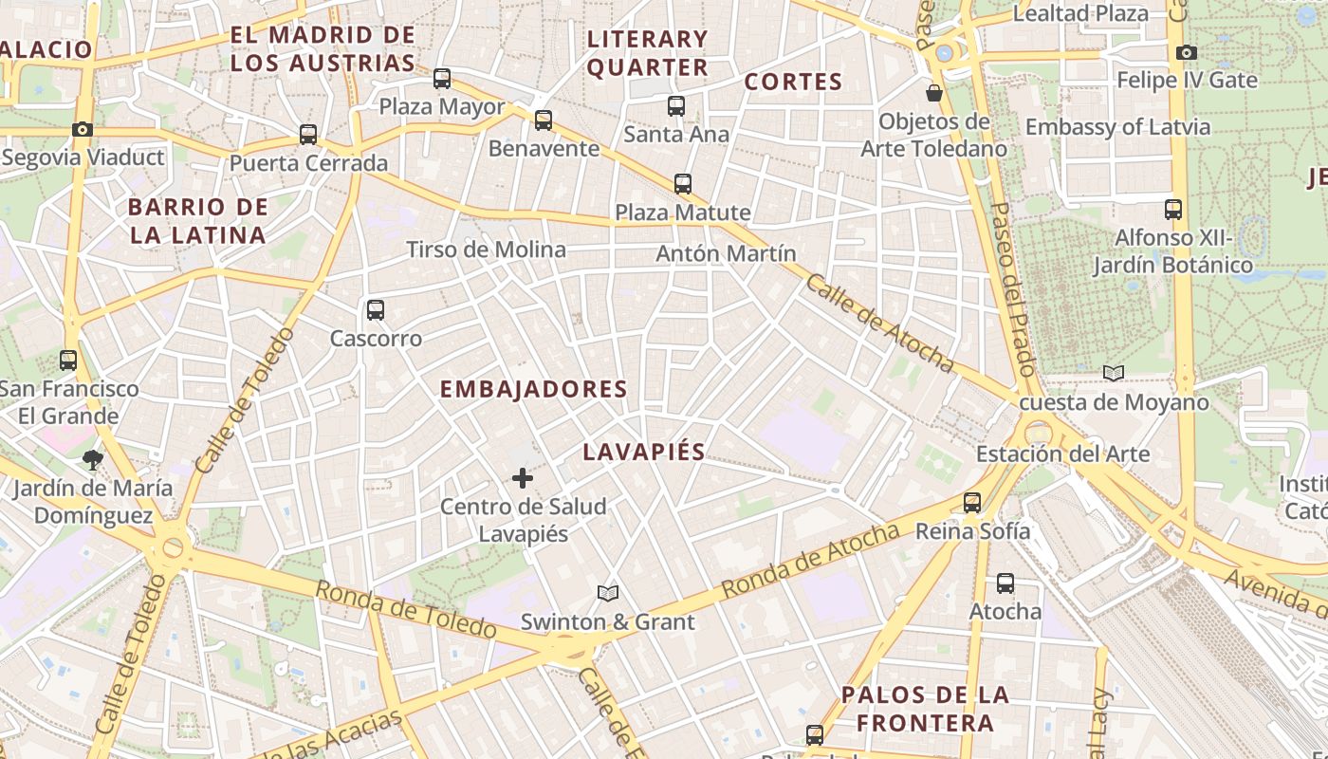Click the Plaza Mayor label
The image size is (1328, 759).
[442, 106]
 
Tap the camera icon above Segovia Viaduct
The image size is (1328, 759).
[83, 129]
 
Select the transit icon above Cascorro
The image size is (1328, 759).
[376, 310]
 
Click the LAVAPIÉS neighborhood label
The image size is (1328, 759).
[644, 452]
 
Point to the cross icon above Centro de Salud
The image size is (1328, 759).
[523, 478]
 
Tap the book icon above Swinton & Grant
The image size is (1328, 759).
[608, 593]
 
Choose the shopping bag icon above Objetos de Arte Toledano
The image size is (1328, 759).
[934, 93]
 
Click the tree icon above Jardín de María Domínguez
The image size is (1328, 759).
[93, 460]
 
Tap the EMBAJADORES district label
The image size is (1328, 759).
[534, 389]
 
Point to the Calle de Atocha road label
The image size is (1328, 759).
[879, 324]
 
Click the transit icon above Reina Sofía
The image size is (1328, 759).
[972, 503]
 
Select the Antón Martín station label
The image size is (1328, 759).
[726, 253]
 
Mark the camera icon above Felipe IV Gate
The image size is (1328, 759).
[1186, 52]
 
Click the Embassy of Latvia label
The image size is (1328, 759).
[1117, 127]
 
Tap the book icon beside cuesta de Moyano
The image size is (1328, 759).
[1114, 374]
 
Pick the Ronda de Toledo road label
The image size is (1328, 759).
[405, 610]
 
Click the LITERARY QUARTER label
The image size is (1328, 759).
[648, 53]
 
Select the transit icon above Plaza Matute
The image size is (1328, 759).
[683, 184]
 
